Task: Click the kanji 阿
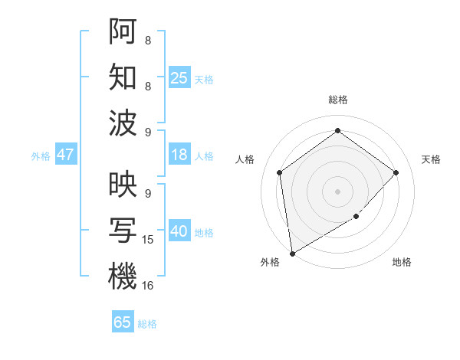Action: (123, 31)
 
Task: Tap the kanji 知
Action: (123, 76)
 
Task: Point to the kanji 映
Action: (123, 185)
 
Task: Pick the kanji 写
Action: (123, 230)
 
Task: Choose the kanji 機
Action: (123, 276)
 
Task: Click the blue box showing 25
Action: (179, 77)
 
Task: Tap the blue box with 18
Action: (179, 155)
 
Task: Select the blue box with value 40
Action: (179, 232)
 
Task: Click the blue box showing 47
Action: (65, 155)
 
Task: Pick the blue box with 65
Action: (123, 322)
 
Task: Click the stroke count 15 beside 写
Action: (148, 240)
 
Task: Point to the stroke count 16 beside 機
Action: (148, 286)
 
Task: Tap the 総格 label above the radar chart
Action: (337, 100)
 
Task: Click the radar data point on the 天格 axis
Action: (396, 172)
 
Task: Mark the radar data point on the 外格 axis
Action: (292, 253)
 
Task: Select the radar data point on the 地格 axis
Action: (356, 218)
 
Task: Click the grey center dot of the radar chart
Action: (337, 191)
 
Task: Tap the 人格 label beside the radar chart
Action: (245, 159)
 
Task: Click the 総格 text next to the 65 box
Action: (147, 324)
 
